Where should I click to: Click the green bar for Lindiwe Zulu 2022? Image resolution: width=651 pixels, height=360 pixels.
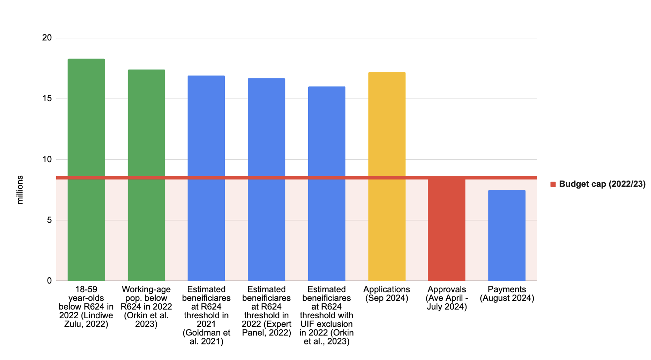[86, 169]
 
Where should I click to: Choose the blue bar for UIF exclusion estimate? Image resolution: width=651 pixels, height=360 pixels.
[326, 184]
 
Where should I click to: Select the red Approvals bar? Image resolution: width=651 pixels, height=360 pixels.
[446, 228]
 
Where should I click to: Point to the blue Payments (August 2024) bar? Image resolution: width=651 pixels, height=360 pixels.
[507, 235]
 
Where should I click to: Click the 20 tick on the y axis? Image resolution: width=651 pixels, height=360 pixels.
[47, 38]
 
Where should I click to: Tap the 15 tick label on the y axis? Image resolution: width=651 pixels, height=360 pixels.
[47, 99]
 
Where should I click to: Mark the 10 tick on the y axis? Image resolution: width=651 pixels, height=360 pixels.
[47, 159]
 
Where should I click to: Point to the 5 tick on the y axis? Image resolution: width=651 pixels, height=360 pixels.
[49, 220]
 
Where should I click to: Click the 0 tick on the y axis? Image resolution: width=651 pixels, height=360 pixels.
[49, 281]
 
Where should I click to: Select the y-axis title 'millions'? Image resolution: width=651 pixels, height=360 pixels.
[20, 190]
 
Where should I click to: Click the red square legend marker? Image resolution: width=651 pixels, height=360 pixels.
[553, 184]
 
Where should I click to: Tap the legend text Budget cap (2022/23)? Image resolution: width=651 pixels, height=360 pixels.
[602, 184]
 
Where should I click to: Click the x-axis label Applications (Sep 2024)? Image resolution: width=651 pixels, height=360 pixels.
[387, 294]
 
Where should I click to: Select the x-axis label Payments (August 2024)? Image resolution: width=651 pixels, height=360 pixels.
[507, 294]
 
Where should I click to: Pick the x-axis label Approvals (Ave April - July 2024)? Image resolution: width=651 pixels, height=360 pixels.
[447, 298]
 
